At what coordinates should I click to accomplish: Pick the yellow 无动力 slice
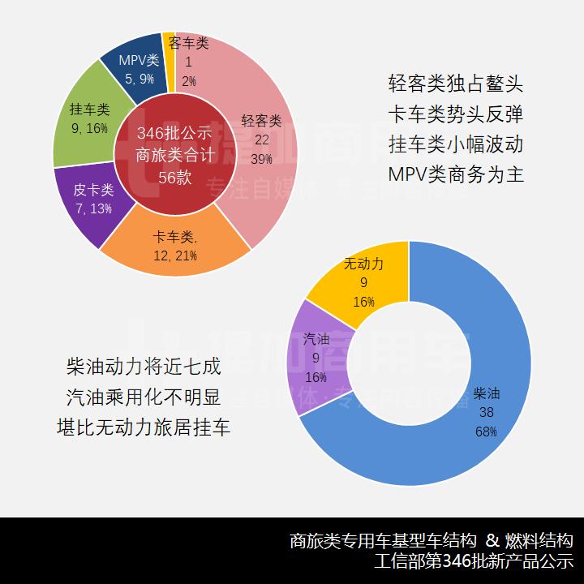[x=363, y=280]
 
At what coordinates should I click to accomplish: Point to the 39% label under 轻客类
[x=261, y=159]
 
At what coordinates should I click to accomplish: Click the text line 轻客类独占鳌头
[x=456, y=84]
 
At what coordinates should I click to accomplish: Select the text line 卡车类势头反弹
[x=456, y=114]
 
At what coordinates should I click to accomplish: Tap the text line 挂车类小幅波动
[x=456, y=144]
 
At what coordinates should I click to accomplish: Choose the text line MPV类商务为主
[x=456, y=174]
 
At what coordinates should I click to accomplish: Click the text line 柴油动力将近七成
[x=144, y=366]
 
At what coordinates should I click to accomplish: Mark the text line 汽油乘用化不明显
[x=144, y=397]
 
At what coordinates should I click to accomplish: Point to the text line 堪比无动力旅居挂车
[x=144, y=427]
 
